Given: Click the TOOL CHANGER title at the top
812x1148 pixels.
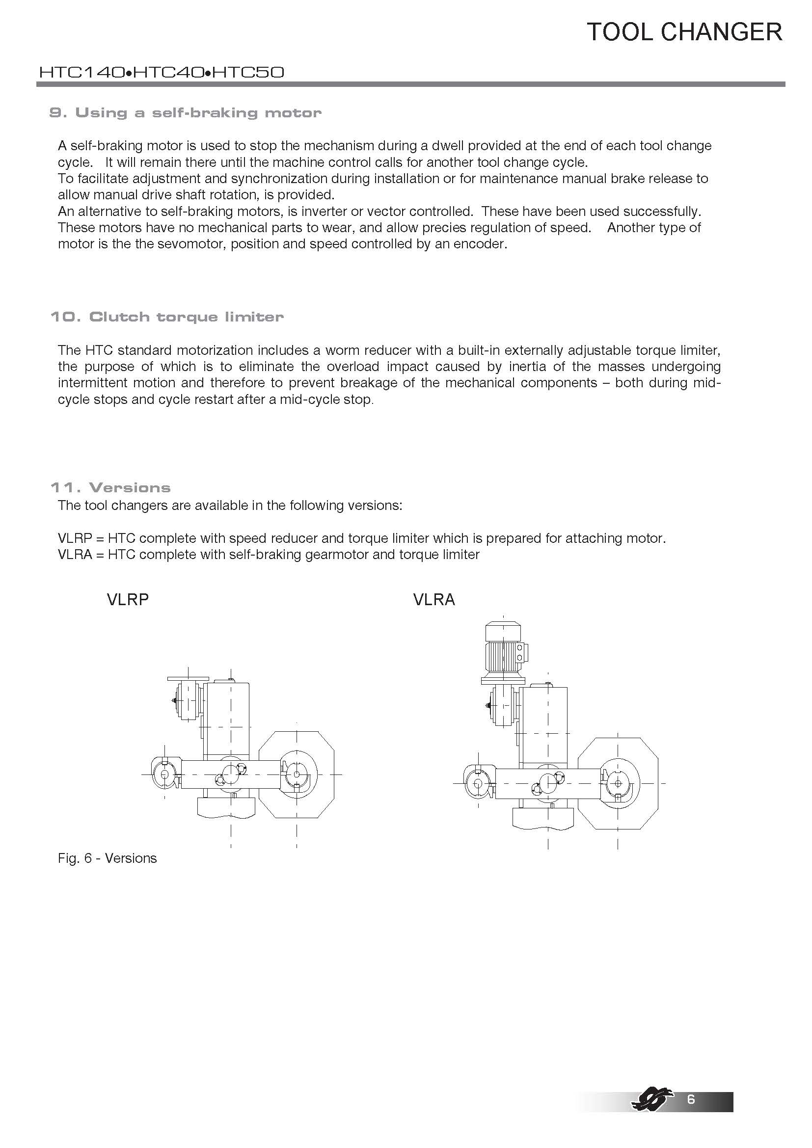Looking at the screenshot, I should point(684,32).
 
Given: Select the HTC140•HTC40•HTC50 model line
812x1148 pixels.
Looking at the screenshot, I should point(162,73).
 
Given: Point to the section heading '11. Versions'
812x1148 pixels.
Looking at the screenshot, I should point(110,487).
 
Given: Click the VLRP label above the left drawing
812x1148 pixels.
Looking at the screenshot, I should point(128,599).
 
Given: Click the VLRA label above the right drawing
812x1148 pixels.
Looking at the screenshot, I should point(434,599).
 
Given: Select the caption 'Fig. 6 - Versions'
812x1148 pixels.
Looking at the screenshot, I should point(107,858).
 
